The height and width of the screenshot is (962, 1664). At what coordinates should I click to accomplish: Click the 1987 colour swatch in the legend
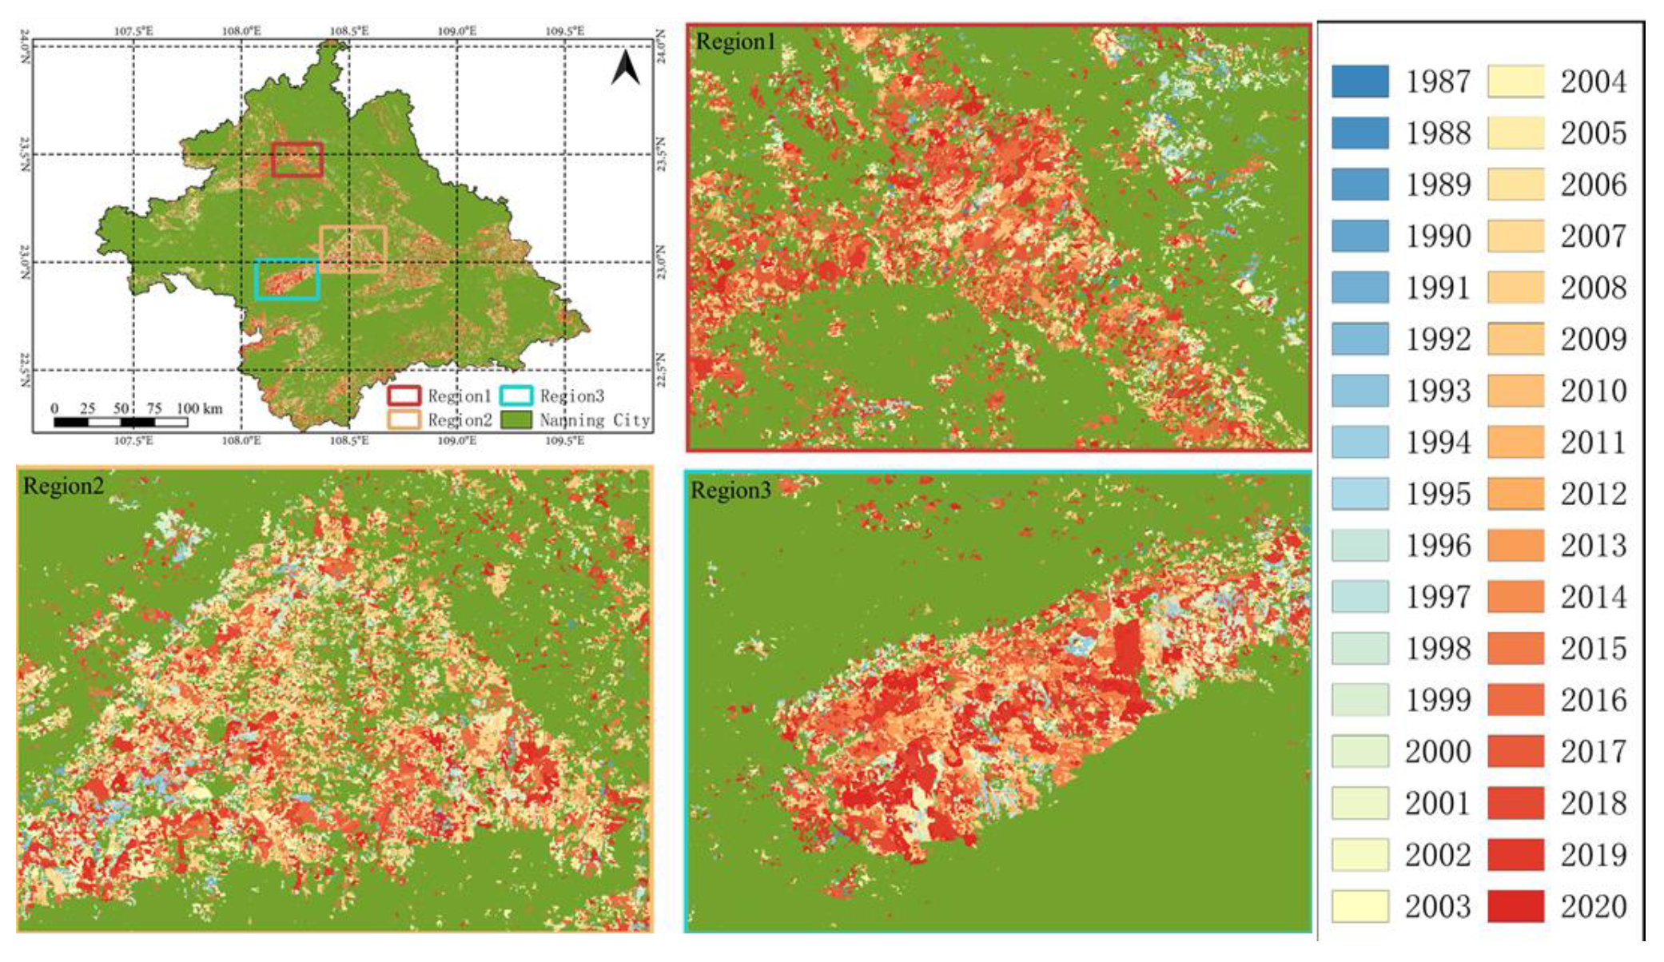(1359, 81)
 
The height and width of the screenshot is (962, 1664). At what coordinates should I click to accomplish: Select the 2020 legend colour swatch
(1515, 906)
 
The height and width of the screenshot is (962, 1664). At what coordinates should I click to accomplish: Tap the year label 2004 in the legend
(1593, 81)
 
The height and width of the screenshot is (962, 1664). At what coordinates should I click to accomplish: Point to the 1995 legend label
(1438, 494)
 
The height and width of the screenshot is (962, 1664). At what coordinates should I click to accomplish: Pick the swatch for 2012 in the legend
(1515, 494)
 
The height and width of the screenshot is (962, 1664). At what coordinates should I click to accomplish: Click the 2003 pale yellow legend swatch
(1359, 906)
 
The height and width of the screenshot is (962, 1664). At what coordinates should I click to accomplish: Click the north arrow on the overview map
(626, 69)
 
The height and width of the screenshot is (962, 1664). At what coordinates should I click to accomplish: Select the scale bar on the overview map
(121, 422)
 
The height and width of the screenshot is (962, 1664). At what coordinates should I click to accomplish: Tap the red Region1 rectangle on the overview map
(297, 160)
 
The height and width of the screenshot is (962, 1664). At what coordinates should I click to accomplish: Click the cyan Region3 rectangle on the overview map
(287, 280)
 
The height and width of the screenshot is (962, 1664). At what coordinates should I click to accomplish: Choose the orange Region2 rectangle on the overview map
(353, 249)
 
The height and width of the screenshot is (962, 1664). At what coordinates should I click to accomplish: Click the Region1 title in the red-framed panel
(735, 42)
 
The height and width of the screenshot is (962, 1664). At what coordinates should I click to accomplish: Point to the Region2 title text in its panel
(63, 486)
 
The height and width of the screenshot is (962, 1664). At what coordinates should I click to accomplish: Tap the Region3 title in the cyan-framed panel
(730, 490)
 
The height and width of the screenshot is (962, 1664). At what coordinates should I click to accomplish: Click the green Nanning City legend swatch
(516, 419)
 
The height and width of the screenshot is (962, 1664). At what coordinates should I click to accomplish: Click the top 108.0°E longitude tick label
(241, 31)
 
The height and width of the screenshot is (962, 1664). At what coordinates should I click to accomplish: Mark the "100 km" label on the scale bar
(199, 408)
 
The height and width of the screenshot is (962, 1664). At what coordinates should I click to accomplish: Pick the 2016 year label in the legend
(1593, 700)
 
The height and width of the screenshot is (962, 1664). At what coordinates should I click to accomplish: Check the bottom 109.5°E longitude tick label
(564, 440)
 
